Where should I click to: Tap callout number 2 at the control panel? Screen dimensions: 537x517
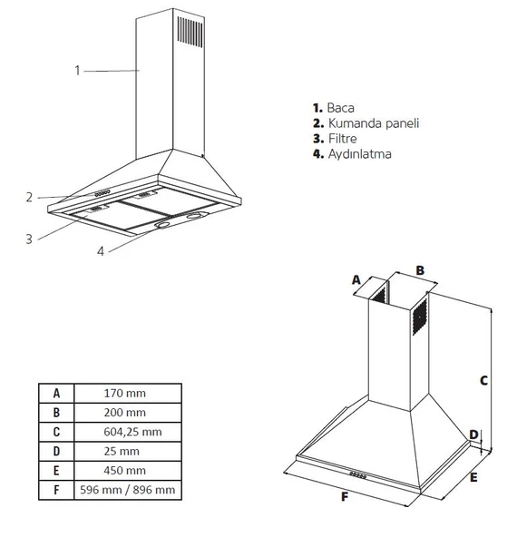pyautogui.click(x=29, y=196)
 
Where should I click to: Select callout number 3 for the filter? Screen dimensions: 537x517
pyautogui.click(x=29, y=239)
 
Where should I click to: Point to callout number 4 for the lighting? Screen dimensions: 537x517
pyautogui.click(x=102, y=251)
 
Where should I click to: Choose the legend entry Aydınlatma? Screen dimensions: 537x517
pyautogui.click(x=359, y=154)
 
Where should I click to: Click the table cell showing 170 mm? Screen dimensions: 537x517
pyautogui.click(x=127, y=393)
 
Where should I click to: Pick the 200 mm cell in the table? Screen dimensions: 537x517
pyautogui.click(x=127, y=413)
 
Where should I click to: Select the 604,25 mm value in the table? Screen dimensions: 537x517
pyautogui.click(x=127, y=432)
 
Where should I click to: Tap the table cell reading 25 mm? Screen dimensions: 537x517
pyautogui.click(x=127, y=451)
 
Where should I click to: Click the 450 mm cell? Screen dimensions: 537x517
pyautogui.click(x=127, y=471)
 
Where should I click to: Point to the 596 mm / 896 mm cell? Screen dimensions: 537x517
pyautogui.click(x=127, y=490)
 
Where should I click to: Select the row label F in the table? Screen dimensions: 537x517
pyautogui.click(x=56, y=490)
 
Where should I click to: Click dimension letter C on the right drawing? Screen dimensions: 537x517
pyautogui.click(x=483, y=380)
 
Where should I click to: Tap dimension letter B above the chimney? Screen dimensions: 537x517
pyautogui.click(x=420, y=269)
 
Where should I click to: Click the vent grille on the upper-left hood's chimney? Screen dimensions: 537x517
pyautogui.click(x=189, y=31)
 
